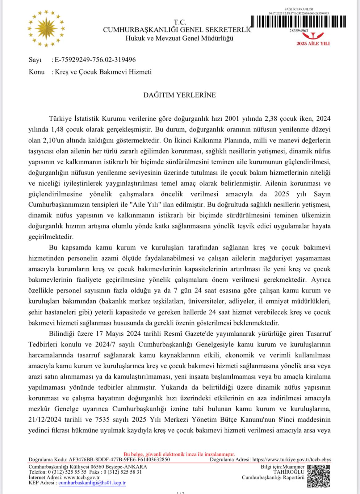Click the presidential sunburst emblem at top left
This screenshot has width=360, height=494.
pos(46,28)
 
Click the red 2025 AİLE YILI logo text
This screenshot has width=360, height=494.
pos(313,44)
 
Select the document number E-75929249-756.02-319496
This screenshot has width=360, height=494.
pos(95,60)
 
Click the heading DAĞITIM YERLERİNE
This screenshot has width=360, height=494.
pos(179,95)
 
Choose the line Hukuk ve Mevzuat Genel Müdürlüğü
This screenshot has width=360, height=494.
pos(179,38)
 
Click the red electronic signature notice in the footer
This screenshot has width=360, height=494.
pos(179,454)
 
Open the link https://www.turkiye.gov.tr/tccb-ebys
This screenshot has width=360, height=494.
pos(291,459)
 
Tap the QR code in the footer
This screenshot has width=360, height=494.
pos(319,476)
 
